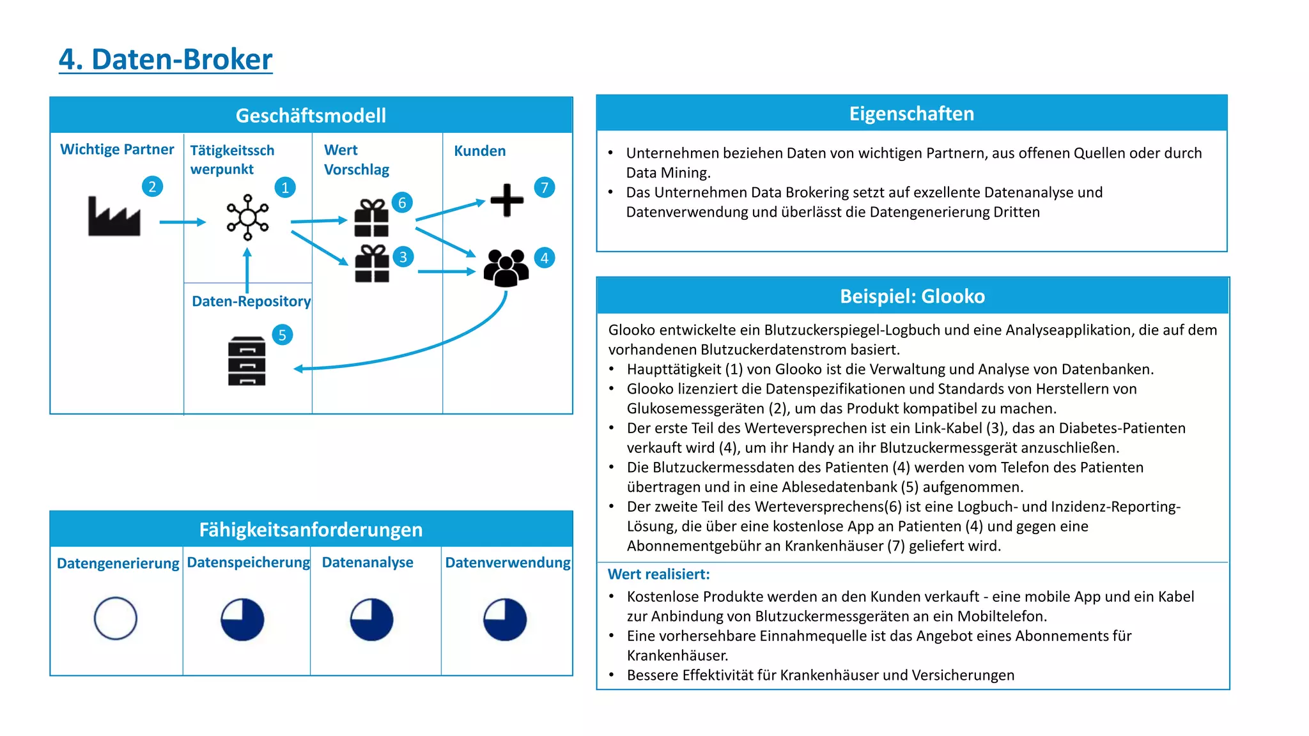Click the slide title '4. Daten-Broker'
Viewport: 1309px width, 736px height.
pos(166,59)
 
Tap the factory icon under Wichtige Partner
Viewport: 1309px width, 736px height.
pos(114,217)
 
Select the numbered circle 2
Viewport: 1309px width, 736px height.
pos(152,187)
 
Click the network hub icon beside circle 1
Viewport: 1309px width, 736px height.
pos(247,217)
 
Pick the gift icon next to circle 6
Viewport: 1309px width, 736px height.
pos(371,218)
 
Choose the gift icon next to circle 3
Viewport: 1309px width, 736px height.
pos(372,264)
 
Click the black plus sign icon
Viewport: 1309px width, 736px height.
pos(507,200)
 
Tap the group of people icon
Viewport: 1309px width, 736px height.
pos(506,267)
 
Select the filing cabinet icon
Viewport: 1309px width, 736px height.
pos(247,361)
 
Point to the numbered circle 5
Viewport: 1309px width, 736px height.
pos(282,335)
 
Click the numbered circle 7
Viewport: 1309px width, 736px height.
pos(545,188)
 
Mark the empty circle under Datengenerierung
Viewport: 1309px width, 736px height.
pos(116,618)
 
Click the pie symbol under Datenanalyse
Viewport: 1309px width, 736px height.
pos(371,619)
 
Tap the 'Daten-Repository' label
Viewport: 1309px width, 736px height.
pos(251,302)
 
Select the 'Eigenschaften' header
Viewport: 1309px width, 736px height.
pos(911,114)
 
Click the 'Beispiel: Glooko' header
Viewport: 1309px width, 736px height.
pos(912,296)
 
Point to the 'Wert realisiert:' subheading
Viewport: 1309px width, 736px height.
pos(658,574)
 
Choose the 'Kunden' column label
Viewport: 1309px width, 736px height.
pos(479,151)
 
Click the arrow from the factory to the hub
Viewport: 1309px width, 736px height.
pos(182,222)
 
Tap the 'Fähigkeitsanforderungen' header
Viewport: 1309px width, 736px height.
pos(311,530)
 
